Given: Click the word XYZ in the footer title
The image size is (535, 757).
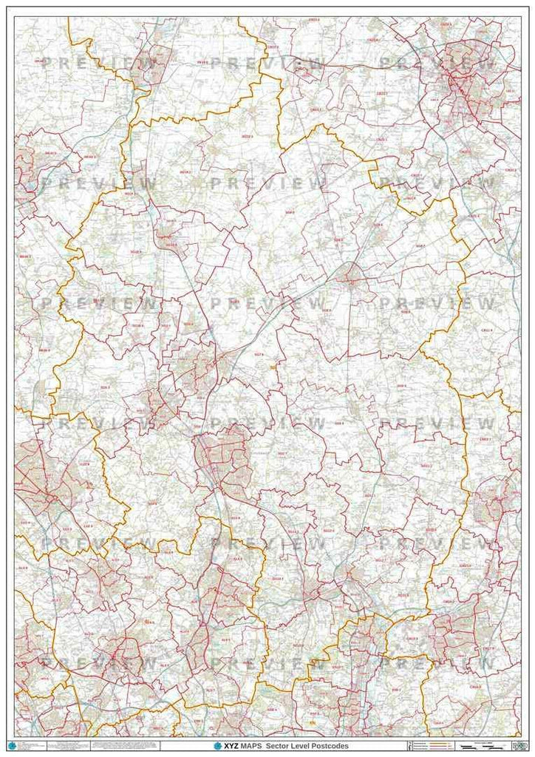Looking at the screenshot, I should (x=228, y=746).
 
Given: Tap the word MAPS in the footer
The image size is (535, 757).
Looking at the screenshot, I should (x=250, y=746).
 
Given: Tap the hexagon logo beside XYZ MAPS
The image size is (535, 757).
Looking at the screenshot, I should (x=217, y=746).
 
